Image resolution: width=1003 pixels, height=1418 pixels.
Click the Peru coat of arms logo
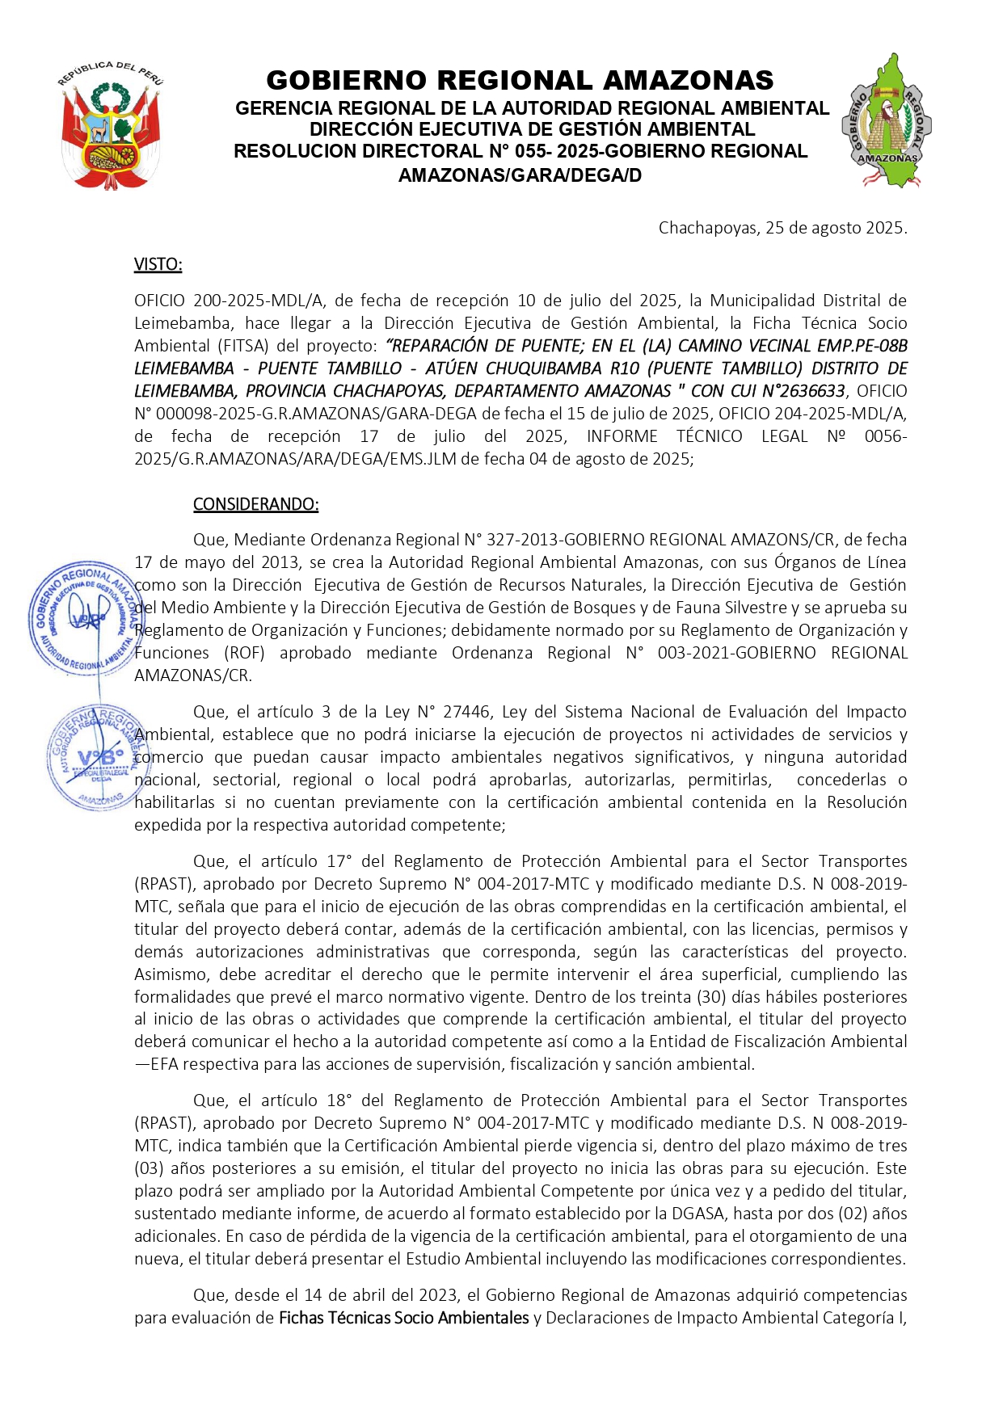point(111,127)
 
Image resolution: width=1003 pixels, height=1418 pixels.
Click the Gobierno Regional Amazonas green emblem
point(886,121)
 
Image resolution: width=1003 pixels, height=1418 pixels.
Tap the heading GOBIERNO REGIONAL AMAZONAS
point(520,80)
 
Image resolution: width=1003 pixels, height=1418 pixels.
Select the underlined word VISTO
point(158,264)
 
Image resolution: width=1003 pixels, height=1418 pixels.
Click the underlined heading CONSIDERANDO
point(255,504)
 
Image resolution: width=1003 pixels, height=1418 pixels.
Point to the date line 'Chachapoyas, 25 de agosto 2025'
point(782,228)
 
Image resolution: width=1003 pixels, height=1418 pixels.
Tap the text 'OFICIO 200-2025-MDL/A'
point(229,301)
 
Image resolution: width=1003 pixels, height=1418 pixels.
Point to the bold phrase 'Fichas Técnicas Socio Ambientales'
point(403,1318)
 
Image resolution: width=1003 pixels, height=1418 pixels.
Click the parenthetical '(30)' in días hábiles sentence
point(704,997)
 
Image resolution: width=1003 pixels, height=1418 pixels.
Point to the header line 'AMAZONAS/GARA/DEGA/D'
point(520,175)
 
